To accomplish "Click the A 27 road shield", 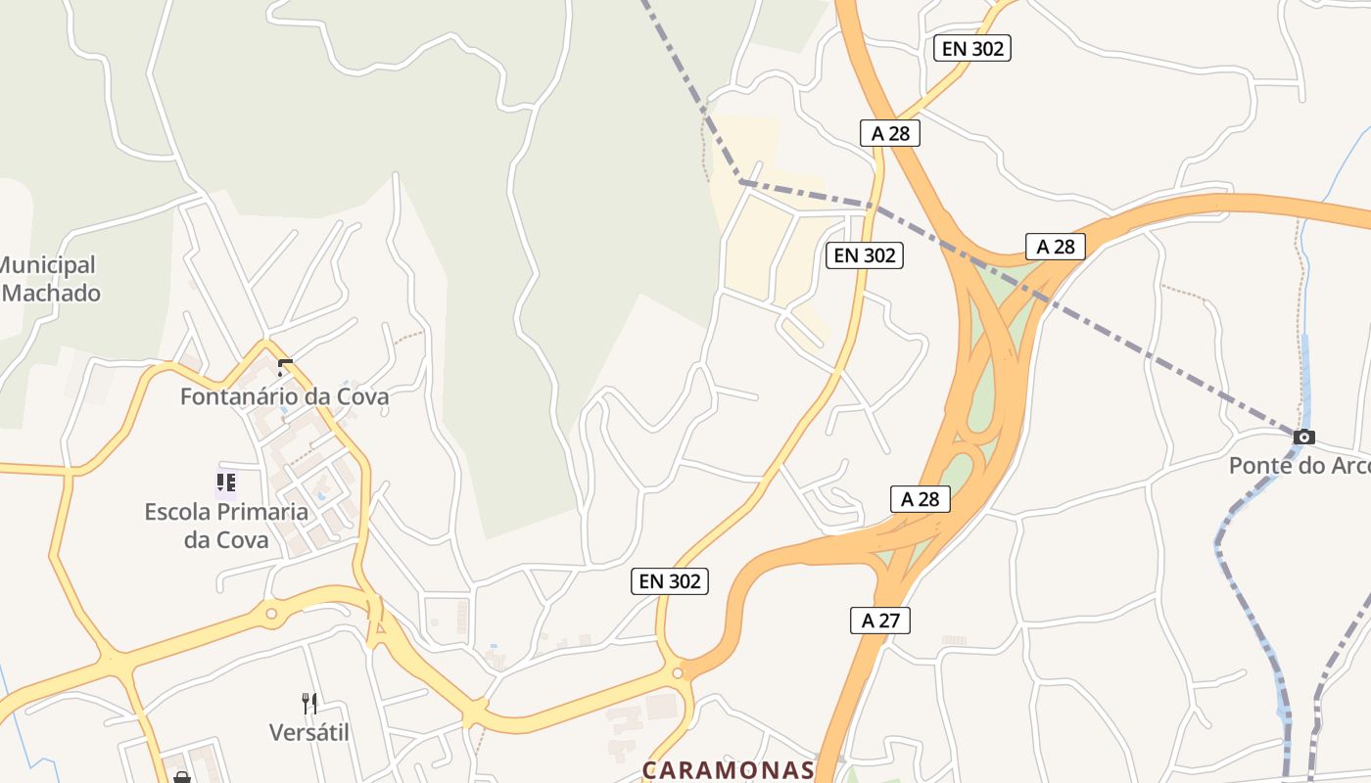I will click(879, 620).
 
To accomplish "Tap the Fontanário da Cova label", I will click(284, 396).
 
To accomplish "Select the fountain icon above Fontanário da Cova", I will click(285, 368).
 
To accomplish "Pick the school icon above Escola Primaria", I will click(226, 482).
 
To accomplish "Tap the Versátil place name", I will click(309, 732).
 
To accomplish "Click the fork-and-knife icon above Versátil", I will click(309, 703).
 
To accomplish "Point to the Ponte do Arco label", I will click(1299, 466).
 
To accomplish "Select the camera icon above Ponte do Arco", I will click(1303, 438).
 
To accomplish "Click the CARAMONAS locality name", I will click(729, 770).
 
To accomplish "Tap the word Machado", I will click(52, 293).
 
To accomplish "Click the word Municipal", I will click(48, 265).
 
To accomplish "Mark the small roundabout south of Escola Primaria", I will click(271, 614).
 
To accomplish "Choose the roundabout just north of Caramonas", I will click(677, 673).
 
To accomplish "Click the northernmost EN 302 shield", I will click(971, 48).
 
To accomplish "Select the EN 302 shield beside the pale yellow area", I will click(864, 255).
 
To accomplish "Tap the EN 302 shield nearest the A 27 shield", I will click(669, 581).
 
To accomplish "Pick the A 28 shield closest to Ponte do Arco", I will click(1056, 247).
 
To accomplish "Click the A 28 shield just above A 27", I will click(921, 499).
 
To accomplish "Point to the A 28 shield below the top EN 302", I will click(890, 133).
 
